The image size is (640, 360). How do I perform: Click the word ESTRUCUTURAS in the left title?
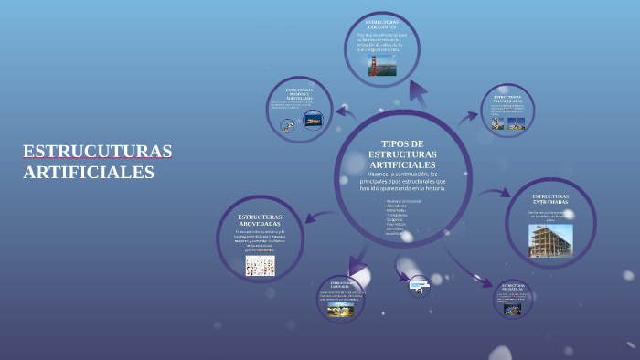(x=97, y=150)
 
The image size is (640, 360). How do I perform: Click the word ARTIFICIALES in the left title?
(x=89, y=172)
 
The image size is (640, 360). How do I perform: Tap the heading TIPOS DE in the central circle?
(x=402, y=143)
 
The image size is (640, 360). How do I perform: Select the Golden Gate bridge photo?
(x=382, y=65)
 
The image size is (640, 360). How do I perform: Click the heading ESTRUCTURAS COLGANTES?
(x=382, y=24)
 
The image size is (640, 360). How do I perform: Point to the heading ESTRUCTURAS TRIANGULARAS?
(x=507, y=98)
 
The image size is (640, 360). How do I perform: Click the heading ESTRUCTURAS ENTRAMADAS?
(x=550, y=199)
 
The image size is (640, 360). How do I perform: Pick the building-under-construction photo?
(x=550, y=239)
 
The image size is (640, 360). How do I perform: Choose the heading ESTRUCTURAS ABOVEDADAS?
(x=260, y=220)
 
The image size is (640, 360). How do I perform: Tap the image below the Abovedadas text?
(x=260, y=265)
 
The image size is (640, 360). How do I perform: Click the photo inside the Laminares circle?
(x=340, y=310)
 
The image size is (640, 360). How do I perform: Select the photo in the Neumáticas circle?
(x=512, y=309)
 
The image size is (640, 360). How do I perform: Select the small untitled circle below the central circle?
(x=419, y=286)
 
